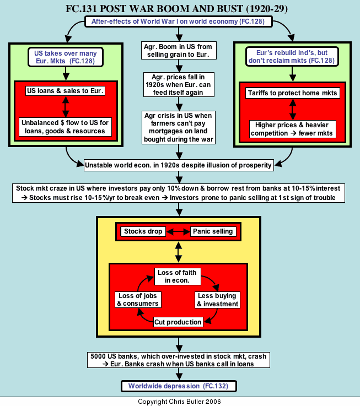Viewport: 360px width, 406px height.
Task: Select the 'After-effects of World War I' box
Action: pyautogui.click(x=179, y=22)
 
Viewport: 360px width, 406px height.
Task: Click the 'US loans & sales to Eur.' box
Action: pyautogui.click(x=66, y=90)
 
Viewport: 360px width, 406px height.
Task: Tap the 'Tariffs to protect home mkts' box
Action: pyautogui.click(x=292, y=93)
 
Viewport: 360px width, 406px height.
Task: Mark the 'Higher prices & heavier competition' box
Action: pyautogui.click(x=292, y=130)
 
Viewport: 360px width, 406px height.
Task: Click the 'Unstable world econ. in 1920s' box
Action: pyautogui.click(x=179, y=164)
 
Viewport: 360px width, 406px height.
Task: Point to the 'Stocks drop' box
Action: pyautogui.click(x=143, y=231)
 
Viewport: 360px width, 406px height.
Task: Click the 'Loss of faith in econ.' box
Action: pyautogui.click(x=178, y=276)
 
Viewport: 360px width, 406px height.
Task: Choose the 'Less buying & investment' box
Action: pyautogui.click(x=218, y=300)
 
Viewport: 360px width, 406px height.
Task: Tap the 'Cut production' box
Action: pyautogui.click(x=178, y=322)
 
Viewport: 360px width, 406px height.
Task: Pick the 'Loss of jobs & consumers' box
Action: pyautogui.click(x=138, y=300)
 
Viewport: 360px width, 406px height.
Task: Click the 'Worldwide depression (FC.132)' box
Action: pyautogui.click(x=179, y=386)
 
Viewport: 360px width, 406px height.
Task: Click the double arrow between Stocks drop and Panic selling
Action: pyautogui.click(x=178, y=231)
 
